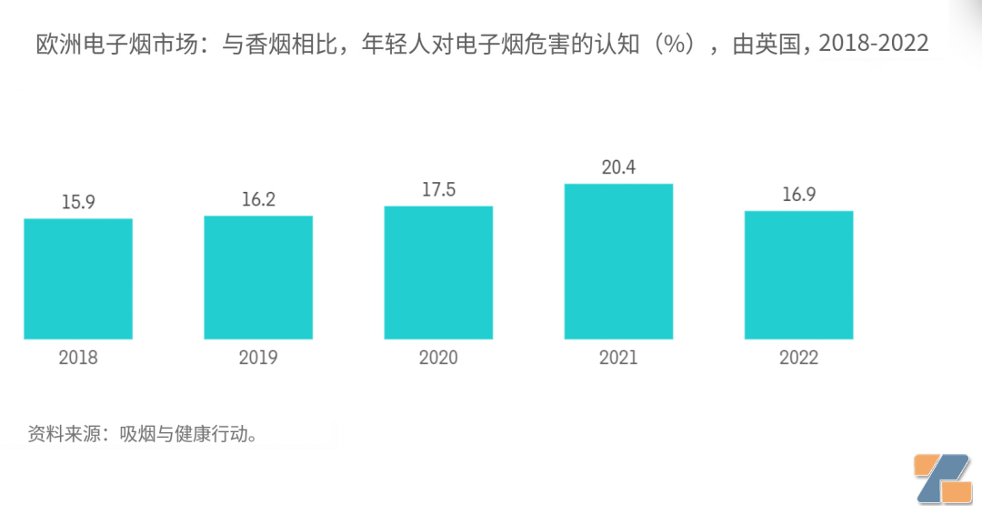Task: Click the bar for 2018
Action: pyautogui.click(x=78, y=278)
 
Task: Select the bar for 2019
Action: pyautogui.click(x=258, y=278)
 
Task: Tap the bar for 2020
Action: pyautogui.click(x=438, y=273)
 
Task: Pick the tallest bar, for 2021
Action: pyautogui.click(x=618, y=261)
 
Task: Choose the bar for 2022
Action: pyautogui.click(x=798, y=275)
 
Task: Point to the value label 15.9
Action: pyautogui.click(x=78, y=203)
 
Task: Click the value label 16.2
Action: pyautogui.click(x=258, y=200)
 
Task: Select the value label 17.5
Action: pyautogui.click(x=438, y=190)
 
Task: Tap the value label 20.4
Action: pyautogui.click(x=618, y=167)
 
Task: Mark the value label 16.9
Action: pyautogui.click(x=798, y=195)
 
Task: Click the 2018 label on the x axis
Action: pyautogui.click(x=78, y=358)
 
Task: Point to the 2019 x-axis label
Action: pyautogui.click(x=258, y=358)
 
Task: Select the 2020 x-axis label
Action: pyautogui.click(x=438, y=358)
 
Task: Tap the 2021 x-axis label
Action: pyautogui.click(x=618, y=358)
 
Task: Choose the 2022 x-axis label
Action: pyautogui.click(x=798, y=358)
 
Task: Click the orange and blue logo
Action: pyautogui.click(x=943, y=478)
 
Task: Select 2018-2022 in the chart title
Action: pyautogui.click(x=874, y=44)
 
